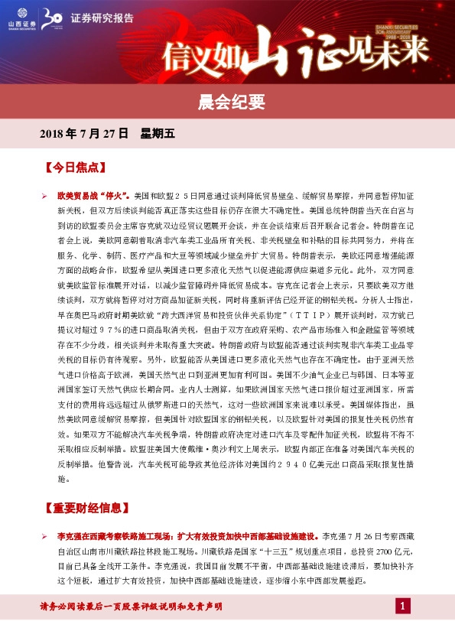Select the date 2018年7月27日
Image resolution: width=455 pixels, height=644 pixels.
pyautogui.click(x=83, y=133)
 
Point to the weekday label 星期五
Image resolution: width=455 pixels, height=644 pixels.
pyautogui.click(x=158, y=133)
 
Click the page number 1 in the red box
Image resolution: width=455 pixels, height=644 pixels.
pyautogui.click(x=402, y=607)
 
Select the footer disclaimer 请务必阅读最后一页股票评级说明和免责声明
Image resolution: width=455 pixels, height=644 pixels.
pyautogui.click(x=131, y=607)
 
